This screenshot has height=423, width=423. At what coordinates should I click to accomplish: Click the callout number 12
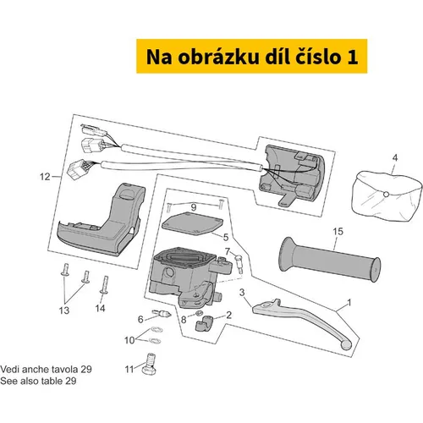coord(45,177)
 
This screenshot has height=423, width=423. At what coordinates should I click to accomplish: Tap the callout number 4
coord(395,157)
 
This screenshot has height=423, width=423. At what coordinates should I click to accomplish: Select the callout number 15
coord(338,232)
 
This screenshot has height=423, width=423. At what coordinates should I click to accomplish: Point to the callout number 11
coord(129,369)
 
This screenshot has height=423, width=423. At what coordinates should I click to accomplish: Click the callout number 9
coord(194,207)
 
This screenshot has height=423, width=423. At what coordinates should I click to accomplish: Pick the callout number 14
coord(100,308)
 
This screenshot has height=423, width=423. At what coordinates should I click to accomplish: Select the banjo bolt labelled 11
coord(149,365)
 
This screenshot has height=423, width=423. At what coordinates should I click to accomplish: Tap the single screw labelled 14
coord(104,285)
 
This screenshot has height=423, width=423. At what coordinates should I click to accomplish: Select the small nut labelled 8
coord(199,313)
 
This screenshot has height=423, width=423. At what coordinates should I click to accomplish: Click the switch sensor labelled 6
coord(162,313)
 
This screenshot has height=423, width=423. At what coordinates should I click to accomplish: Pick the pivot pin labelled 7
coord(239,263)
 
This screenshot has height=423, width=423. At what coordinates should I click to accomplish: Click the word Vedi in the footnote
coord(9,369)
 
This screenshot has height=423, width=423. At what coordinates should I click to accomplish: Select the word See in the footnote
coord(8,381)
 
